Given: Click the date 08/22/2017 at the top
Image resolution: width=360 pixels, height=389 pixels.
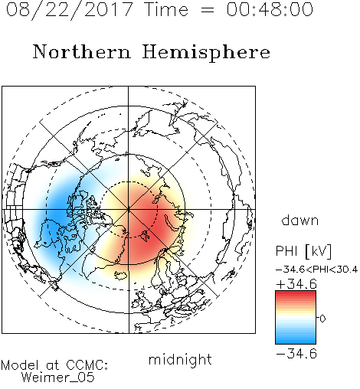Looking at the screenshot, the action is [x=69, y=10].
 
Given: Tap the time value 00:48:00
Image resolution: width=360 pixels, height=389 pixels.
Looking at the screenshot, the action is [x=270, y=9].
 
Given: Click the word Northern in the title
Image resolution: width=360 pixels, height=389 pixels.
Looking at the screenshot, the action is [x=82, y=52].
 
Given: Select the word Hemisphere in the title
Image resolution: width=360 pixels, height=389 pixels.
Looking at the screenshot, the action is [x=206, y=53].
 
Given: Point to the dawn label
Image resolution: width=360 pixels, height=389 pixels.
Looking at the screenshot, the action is [x=300, y=221].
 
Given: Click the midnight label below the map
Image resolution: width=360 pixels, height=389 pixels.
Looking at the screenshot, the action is [x=180, y=360].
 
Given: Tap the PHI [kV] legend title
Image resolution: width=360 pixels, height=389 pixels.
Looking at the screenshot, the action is [x=303, y=251].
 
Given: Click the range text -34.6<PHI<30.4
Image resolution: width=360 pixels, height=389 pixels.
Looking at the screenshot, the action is [x=316, y=270].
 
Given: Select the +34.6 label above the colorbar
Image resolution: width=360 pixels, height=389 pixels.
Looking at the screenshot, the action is [x=296, y=284].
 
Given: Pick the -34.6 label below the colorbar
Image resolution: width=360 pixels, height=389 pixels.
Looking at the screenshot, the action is [x=296, y=354].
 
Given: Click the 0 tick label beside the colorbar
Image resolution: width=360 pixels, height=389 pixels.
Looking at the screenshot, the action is [x=322, y=319].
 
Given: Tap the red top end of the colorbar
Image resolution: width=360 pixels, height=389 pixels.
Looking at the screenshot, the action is [x=296, y=293].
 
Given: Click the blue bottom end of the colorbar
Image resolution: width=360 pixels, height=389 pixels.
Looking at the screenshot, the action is [x=296, y=342].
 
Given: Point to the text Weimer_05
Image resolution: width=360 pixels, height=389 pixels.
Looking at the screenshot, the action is [x=58, y=378].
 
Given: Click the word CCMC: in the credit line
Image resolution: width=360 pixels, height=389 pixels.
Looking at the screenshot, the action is [x=87, y=365].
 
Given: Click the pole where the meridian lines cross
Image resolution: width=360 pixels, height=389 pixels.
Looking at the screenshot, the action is [x=129, y=209].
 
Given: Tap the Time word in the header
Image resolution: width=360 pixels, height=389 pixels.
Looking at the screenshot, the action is [x=166, y=9].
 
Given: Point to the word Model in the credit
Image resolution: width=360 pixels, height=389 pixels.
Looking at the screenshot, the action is [x=20, y=365].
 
